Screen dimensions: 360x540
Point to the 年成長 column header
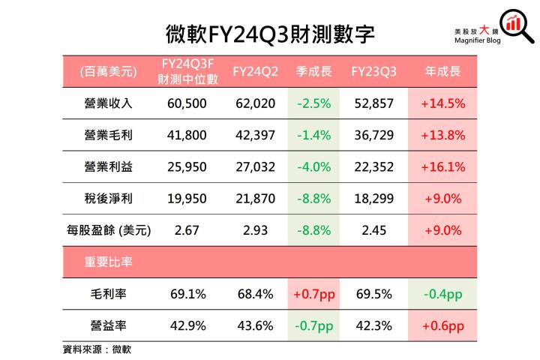tap(442, 72)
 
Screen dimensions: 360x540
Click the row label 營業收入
tap(109, 103)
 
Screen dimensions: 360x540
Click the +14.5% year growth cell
tap(442, 103)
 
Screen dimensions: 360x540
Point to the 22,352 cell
tap(373, 167)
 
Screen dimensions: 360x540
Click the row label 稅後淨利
tap(109, 199)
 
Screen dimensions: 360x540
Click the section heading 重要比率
tap(109, 262)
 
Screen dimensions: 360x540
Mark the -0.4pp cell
tap(442, 294)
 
